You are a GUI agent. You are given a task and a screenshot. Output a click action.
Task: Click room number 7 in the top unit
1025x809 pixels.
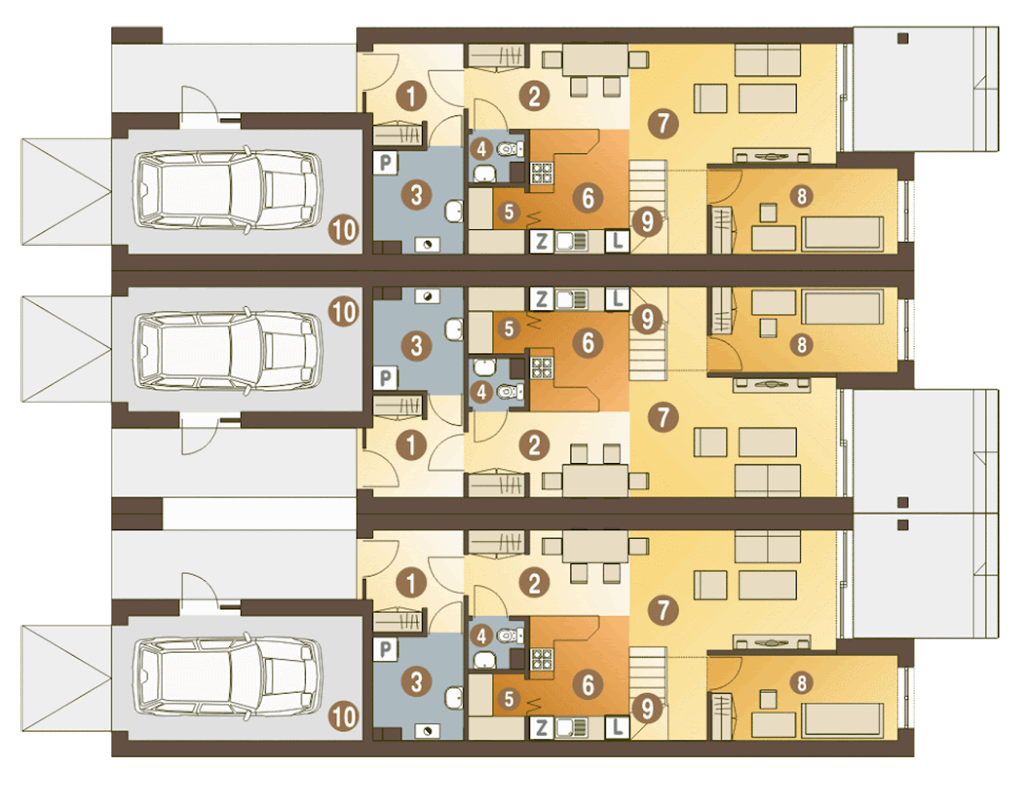point(663,123)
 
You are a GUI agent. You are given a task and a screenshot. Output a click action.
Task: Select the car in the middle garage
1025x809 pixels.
point(227,351)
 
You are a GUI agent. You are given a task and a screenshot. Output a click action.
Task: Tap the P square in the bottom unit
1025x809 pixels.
point(385,650)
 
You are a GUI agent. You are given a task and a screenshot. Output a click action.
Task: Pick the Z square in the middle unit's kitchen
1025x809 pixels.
point(541,300)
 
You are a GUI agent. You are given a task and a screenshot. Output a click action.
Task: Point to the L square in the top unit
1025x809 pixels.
point(617,241)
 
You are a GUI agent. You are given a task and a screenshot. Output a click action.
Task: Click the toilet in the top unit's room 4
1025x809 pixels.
point(508,150)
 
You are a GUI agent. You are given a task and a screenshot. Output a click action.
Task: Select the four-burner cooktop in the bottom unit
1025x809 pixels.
point(542,660)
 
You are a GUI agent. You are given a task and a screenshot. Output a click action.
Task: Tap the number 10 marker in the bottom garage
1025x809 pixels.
point(344,717)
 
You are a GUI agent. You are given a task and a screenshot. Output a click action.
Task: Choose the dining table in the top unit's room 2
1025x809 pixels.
point(595,60)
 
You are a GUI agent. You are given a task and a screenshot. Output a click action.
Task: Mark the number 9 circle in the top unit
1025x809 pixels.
point(647,222)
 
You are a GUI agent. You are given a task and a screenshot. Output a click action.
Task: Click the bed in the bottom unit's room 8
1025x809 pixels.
point(842,721)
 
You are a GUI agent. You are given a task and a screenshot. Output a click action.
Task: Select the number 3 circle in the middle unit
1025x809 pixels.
point(416,346)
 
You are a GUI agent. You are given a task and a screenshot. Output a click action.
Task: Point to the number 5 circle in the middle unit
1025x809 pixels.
point(508,328)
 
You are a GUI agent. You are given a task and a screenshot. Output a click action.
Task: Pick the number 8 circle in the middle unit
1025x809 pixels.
point(802,345)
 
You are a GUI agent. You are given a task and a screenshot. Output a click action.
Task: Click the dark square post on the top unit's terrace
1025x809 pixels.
point(902,38)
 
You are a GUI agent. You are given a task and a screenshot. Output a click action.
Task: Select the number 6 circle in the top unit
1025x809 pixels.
point(589,198)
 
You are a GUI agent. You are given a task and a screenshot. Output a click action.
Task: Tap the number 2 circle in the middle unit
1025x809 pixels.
point(534,445)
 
